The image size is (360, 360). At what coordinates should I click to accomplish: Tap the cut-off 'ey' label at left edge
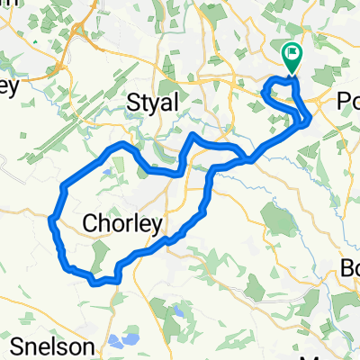tap(9, 87)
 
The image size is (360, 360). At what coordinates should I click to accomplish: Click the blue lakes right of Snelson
tap(123, 341)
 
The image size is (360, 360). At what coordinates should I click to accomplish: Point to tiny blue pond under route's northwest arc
tap(109, 166)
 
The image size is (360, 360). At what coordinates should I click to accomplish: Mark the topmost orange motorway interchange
tap(79, 32)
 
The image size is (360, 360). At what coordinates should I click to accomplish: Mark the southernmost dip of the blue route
tap(94, 283)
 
